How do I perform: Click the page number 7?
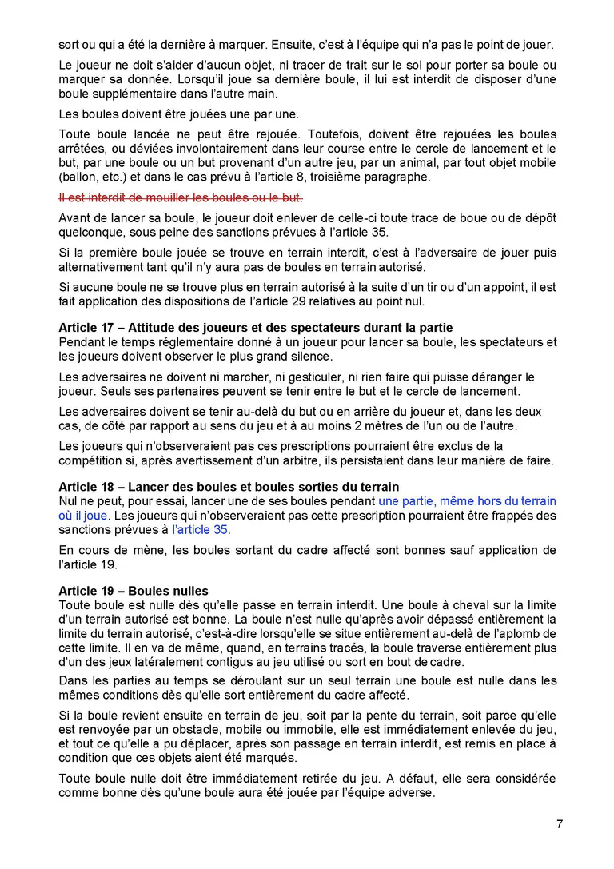[560, 824]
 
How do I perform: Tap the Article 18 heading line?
[229, 487]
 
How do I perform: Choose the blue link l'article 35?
[200, 529]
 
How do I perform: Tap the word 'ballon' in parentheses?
[79, 177]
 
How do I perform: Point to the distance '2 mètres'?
[409, 425]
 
